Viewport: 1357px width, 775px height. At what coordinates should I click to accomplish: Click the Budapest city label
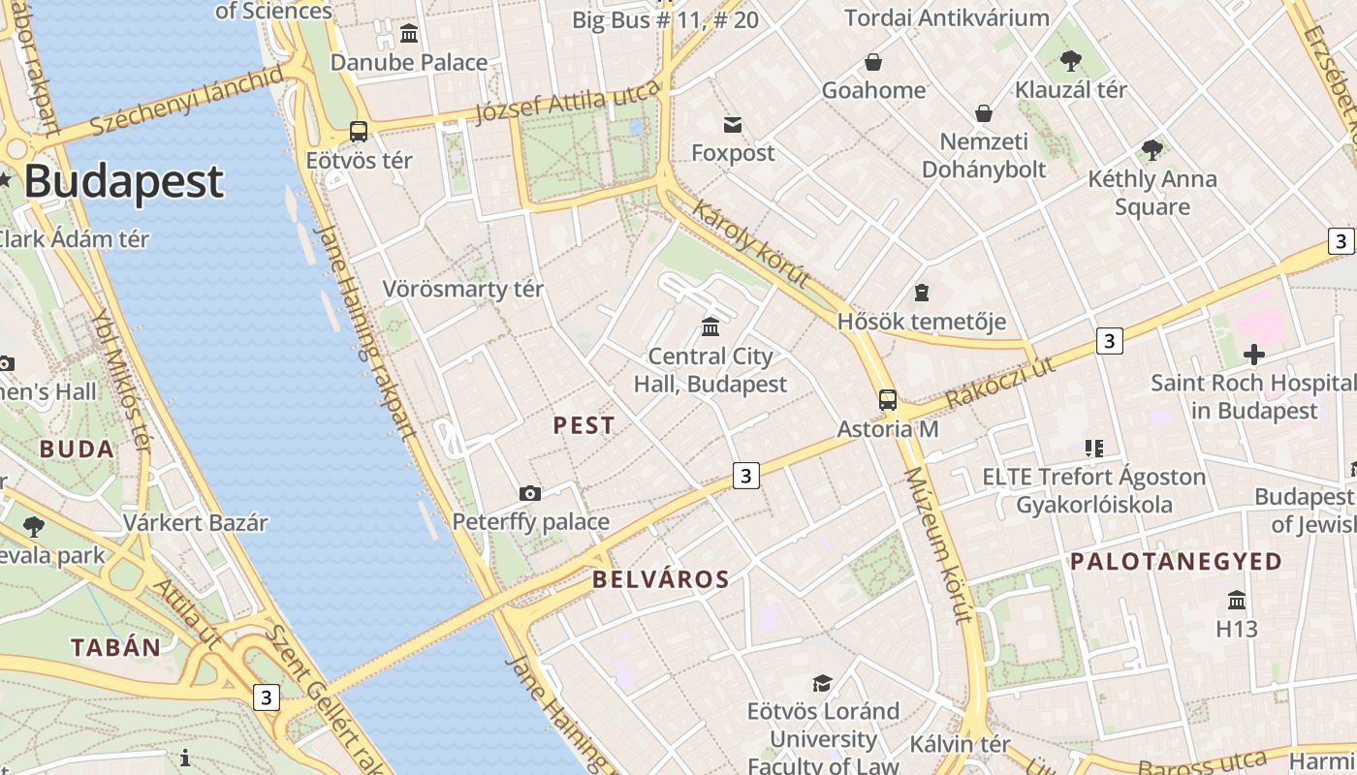(x=123, y=181)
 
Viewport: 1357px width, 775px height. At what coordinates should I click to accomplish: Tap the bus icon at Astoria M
(x=887, y=399)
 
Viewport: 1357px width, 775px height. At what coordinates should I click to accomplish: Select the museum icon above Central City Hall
(x=710, y=326)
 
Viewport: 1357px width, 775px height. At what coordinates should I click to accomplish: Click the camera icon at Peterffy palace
(x=529, y=493)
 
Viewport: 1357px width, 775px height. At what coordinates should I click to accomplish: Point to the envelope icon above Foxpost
(x=732, y=124)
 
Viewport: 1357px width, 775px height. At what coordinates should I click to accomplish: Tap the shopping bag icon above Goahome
(x=873, y=62)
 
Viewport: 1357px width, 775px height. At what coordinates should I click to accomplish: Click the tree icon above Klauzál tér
(x=1071, y=61)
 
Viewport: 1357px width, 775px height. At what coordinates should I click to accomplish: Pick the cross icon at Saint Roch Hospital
(x=1254, y=355)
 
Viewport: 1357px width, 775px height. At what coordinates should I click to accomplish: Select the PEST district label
(x=584, y=425)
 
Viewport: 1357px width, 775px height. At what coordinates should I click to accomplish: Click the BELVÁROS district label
(x=660, y=580)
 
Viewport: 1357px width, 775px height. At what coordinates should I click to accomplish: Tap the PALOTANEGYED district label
(x=1176, y=562)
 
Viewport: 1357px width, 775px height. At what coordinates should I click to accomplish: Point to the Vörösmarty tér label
(x=463, y=289)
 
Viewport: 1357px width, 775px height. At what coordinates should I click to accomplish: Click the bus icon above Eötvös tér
(x=359, y=132)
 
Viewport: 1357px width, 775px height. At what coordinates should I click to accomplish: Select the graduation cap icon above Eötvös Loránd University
(x=822, y=683)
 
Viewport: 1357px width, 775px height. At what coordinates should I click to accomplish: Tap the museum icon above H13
(x=1237, y=600)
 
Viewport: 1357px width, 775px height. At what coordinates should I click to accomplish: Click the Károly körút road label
(x=750, y=243)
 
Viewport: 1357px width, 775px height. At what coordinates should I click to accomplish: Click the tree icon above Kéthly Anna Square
(x=1152, y=149)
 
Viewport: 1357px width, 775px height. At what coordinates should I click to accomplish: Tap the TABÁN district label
(x=115, y=648)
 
